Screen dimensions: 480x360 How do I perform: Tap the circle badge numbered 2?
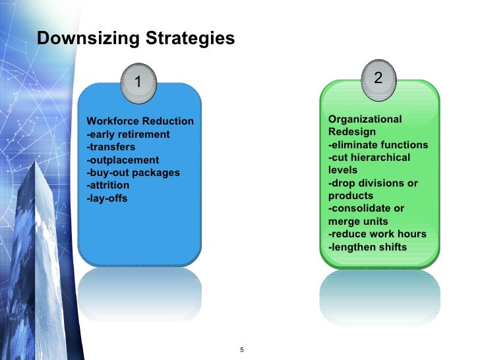(x=378, y=78)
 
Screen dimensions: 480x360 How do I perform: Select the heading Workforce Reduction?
(x=140, y=121)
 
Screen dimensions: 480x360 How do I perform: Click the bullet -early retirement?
(x=128, y=135)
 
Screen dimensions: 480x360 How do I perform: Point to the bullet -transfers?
(x=111, y=147)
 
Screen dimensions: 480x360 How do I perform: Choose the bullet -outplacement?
(x=123, y=160)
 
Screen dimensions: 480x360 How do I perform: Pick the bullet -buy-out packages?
(x=133, y=173)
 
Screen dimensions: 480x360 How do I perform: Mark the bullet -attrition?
(x=108, y=186)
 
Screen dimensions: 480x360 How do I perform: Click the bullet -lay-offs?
(x=107, y=198)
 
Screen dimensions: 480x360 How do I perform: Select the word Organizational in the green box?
(x=365, y=119)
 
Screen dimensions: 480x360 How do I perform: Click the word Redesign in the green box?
(x=350, y=132)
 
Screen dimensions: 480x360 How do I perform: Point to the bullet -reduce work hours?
(x=377, y=234)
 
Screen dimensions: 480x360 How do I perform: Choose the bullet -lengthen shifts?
(x=367, y=247)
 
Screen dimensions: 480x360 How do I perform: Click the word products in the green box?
(x=351, y=196)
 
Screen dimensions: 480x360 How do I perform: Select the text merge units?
(x=358, y=222)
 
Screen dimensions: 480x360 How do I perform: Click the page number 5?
(x=243, y=349)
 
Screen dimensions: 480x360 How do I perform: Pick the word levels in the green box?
(x=343, y=170)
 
